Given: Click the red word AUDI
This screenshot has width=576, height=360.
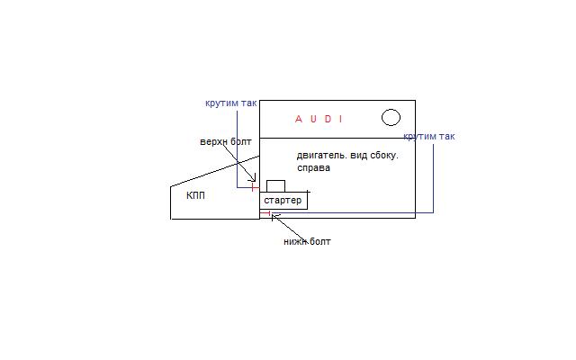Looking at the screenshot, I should (x=319, y=119).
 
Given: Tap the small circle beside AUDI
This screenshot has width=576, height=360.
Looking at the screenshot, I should (x=391, y=117).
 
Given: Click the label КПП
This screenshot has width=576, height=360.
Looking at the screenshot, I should (x=195, y=195).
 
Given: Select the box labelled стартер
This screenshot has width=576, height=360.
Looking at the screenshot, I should (x=283, y=200).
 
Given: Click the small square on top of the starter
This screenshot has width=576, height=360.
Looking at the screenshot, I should (x=275, y=185).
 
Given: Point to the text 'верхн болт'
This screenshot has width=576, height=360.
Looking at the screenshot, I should (x=226, y=142).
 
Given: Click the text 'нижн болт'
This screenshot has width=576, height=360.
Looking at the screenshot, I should (x=307, y=241).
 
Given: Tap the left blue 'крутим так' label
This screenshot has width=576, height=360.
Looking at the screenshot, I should (x=230, y=103).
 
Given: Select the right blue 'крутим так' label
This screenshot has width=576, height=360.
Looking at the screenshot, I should (x=429, y=137).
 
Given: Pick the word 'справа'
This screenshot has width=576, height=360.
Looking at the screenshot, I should (x=314, y=167).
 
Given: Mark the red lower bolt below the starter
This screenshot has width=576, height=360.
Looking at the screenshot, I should (x=270, y=213).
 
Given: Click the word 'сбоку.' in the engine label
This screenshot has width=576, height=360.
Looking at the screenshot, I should (x=383, y=156).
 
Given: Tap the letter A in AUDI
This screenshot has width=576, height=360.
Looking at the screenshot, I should (x=299, y=119).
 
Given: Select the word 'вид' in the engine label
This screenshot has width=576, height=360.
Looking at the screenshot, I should (x=358, y=156).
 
